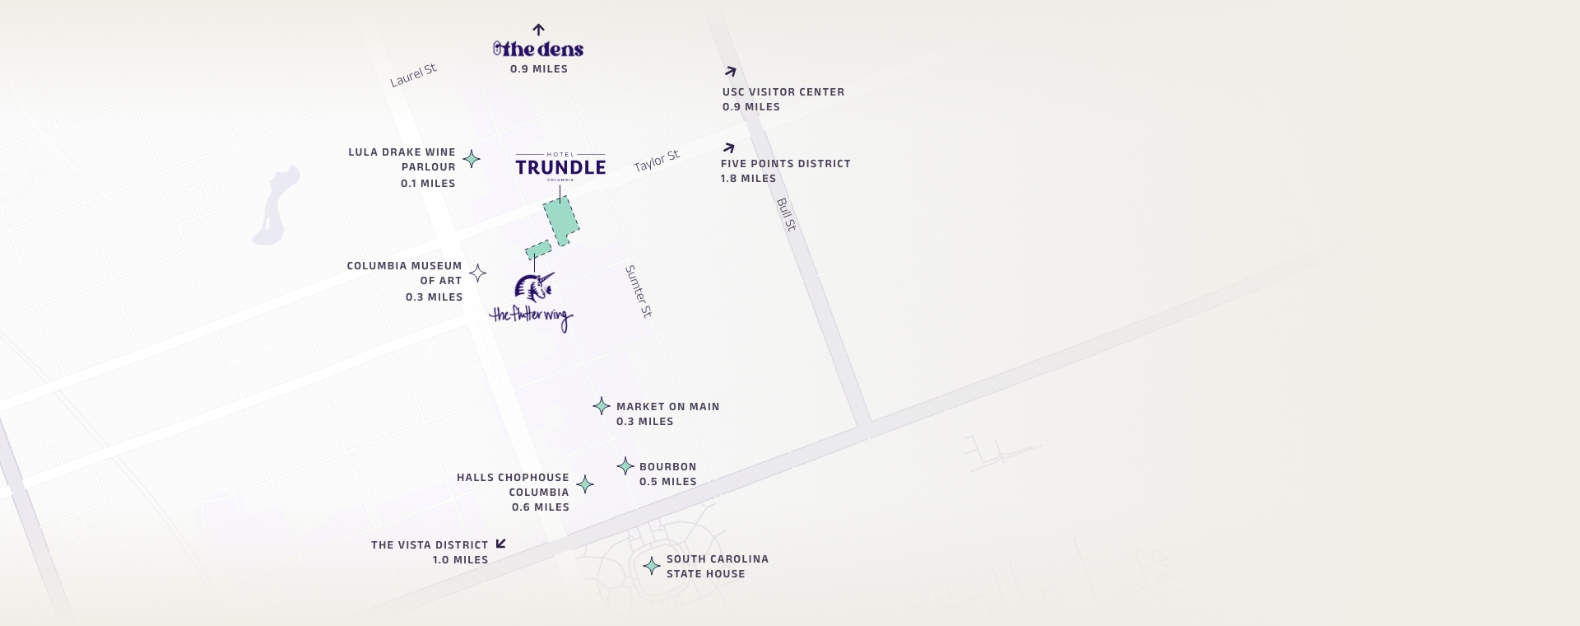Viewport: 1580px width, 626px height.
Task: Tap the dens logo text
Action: pyautogui.click(x=539, y=49)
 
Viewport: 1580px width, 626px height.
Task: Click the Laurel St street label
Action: pyautogui.click(x=413, y=75)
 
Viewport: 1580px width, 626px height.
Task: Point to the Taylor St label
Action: pyautogui.click(x=657, y=161)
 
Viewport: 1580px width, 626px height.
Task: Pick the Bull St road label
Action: pyautogui.click(x=787, y=214)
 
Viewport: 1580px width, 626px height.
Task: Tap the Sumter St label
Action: pyautogui.click(x=638, y=292)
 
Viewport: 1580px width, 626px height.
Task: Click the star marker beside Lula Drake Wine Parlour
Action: pyautogui.click(x=472, y=159)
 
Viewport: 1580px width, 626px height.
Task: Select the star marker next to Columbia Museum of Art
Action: pyautogui.click(x=477, y=273)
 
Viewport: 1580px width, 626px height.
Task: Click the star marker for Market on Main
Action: pyautogui.click(x=602, y=406)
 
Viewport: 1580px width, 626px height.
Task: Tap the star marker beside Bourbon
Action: pyautogui.click(x=625, y=466)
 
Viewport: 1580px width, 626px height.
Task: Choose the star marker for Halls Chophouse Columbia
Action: pyautogui.click(x=585, y=484)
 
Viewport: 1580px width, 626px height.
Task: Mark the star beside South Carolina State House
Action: pyautogui.click(x=652, y=566)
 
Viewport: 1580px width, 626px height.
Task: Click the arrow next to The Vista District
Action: pyautogui.click(x=500, y=544)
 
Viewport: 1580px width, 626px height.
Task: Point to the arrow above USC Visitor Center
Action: pyautogui.click(x=730, y=72)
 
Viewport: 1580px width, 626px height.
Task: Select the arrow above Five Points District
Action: pyautogui.click(x=728, y=148)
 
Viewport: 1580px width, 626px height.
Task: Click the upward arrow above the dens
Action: pyautogui.click(x=538, y=30)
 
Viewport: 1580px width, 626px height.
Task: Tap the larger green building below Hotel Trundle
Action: pyautogui.click(x=561, y=221)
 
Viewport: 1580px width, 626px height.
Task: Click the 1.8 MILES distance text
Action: pyautogui.click(x=748, y=179)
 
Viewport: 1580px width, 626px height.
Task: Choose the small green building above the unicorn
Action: pyautogui.click(x=538, y=250)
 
